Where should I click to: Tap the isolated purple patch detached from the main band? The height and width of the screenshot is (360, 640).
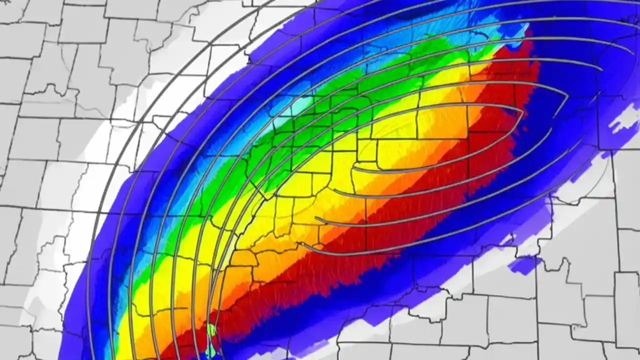click(x=524, y=265)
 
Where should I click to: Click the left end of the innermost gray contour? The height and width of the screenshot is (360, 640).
click(x=355, y=170)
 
